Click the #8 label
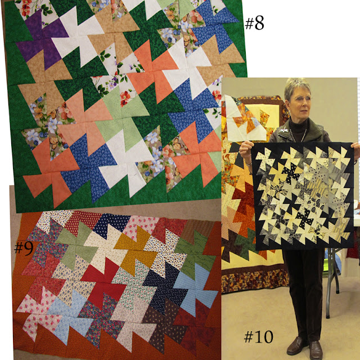254,24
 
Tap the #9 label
24,249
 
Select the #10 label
259,337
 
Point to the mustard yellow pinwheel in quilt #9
136,249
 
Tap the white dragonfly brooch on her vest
283,130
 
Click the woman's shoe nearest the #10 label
296,346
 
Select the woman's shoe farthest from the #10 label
316,350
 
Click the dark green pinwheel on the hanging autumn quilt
244,244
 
